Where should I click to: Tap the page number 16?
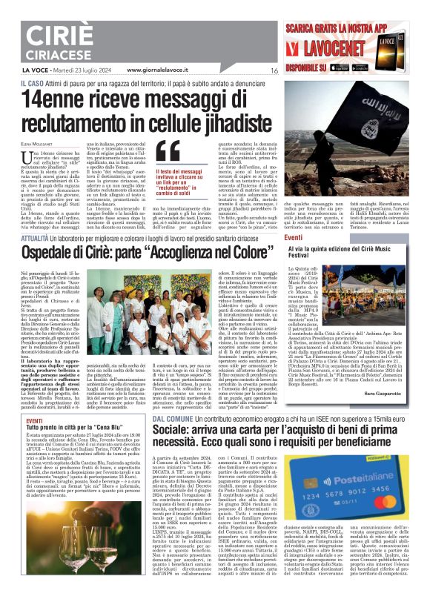tap(274, 71)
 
